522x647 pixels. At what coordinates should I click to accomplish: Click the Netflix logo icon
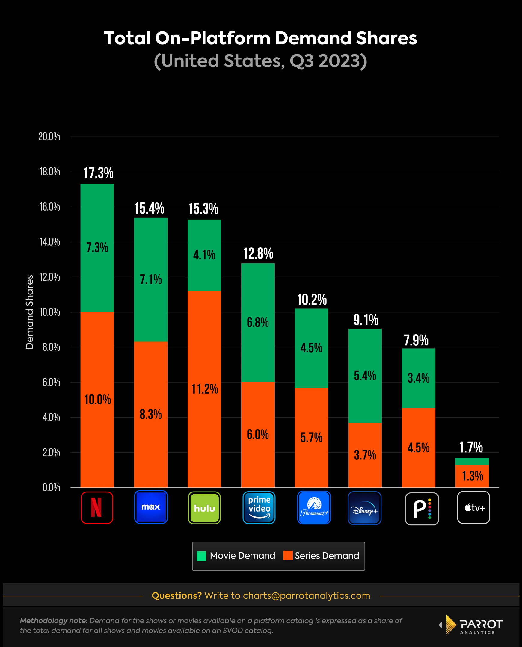click(x=97, y=507)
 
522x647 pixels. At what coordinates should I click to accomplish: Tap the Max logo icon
click(x=151, y=507)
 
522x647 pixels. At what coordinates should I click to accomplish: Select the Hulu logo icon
click(x=204, y=508)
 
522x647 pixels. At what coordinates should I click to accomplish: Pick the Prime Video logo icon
click(x=259, y=507)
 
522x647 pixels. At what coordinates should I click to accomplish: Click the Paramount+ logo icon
click(x=314, y=507)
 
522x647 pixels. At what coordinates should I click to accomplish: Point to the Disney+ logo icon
click(x=364, y=508)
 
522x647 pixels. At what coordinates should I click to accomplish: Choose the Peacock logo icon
click(x=422, y=509)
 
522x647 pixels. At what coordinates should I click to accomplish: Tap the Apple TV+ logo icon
click(x=473, y=507)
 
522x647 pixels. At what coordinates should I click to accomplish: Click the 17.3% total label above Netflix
click(x=98, y=173)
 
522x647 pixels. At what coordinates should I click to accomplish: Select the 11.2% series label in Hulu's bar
click(x=204, y=389)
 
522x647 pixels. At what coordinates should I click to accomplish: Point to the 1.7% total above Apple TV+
click(x=470, y=447)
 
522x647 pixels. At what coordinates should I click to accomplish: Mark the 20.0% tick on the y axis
click(x=49, y=137)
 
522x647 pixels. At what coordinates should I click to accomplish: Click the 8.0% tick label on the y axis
click(x=51, y=347)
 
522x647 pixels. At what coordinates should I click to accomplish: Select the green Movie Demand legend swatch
click(x=201, y=556)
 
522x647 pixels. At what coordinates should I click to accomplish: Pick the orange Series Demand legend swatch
click(x=288, y=555)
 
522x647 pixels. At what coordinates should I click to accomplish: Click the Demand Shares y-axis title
click(x=29, y=312)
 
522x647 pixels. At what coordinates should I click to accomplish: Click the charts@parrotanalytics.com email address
click(x=307, y=595)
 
